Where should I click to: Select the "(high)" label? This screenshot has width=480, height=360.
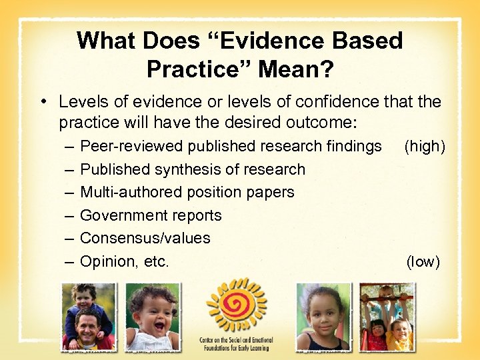pyautogui.click(x=424, y=146)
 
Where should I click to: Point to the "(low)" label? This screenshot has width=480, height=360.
pyautogui.click(x=423, y=261)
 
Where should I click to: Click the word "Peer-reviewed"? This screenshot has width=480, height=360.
pyautogui.click(x=131, y=146)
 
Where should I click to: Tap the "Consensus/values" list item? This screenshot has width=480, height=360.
pyautogui.click(x=145, y=238)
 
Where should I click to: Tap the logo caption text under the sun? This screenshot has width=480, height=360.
pyautogui.click(x=236, y=344)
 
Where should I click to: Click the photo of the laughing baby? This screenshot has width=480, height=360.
pyautogui.click(x=152, y=317)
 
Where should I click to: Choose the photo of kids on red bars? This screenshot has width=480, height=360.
pyautogui.click(x=387, y=317)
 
